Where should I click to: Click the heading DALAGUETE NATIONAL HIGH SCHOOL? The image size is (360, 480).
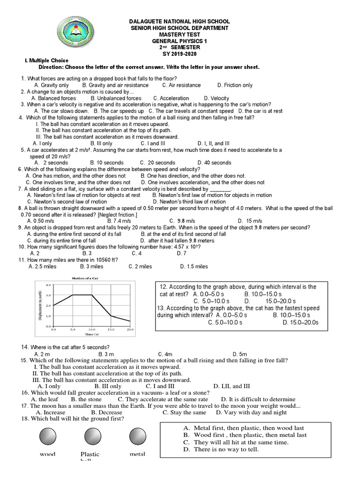[x=180, y=22]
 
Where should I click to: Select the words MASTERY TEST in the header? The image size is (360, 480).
[x=180, y=35]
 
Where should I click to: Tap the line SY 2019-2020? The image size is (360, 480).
[x=180, y=54]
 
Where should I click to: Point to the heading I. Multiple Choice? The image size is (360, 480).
[x=46, y=60]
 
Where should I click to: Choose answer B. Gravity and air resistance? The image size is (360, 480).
[x=115, y=85]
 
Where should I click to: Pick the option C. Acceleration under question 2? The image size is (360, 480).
[x=171, y=98]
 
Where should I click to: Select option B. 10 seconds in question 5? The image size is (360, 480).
[x=107, y=163]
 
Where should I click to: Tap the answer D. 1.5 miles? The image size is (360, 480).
[x=194, y=266]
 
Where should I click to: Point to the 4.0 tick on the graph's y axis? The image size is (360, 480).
[x=47, y=285]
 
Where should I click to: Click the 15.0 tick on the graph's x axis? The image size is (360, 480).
[x=111, y=330]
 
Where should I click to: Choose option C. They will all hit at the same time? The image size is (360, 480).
[x=236, y=442]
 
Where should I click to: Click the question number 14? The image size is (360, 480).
[x=25, y=346]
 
